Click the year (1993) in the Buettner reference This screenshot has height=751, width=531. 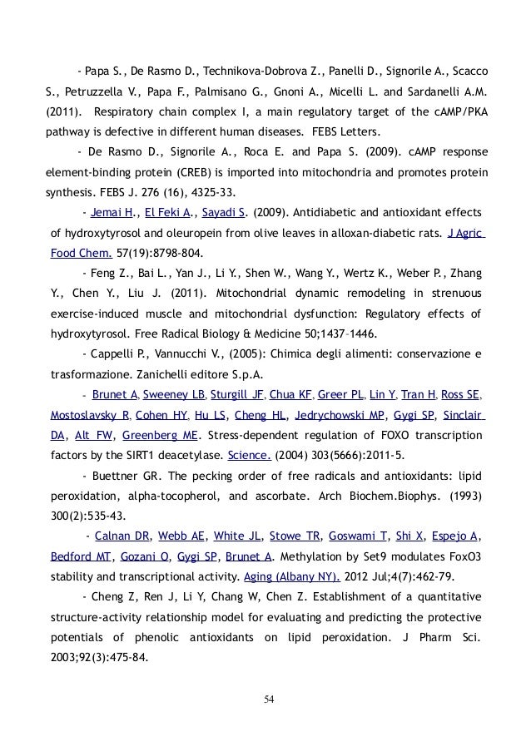point(462,495)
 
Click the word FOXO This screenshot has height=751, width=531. point(389,435)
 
